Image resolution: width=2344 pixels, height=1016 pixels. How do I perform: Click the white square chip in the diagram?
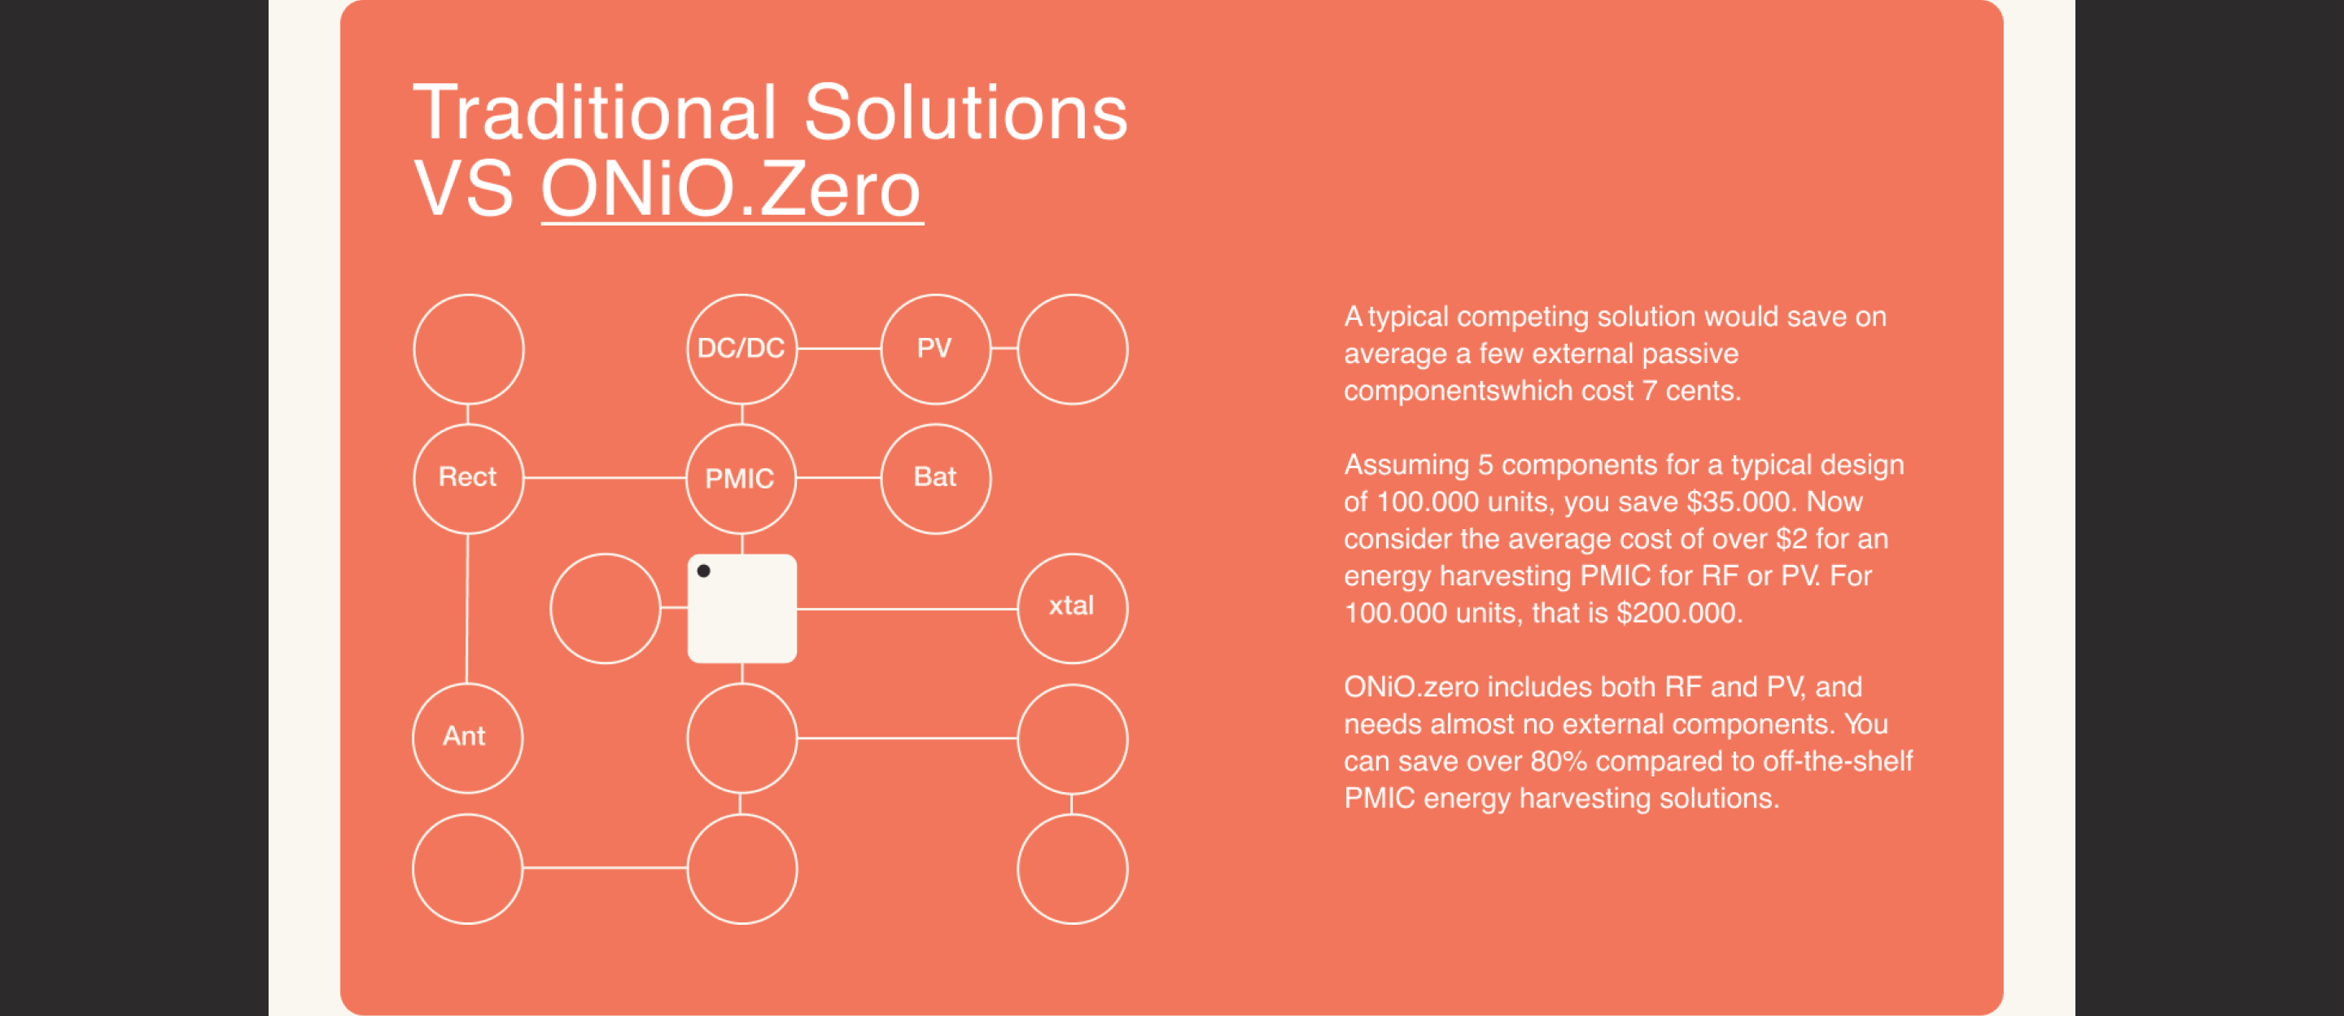tap(742, 608)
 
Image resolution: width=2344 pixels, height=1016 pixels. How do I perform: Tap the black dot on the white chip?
tap(703, 571)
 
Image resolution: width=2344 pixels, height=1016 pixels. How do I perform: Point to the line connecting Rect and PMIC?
tap(605, 477)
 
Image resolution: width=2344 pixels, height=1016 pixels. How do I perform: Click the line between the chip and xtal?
tap(907, 608)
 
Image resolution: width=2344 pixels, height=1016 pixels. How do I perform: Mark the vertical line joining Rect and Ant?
tap(467, 608)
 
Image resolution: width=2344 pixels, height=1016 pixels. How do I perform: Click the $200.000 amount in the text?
tap(1680, 613)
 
